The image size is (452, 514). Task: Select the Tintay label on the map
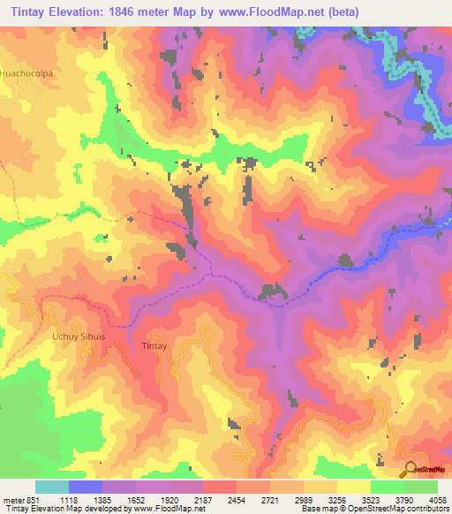point(154,347)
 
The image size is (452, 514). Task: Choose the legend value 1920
point(169,499)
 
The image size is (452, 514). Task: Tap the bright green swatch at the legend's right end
point(421,487)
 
